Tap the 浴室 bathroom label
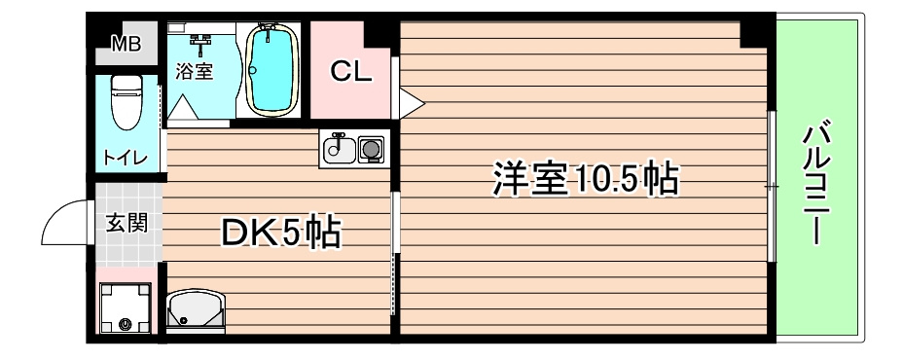click(195, 71)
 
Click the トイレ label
click(126, 157)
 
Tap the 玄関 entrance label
click(126, 223)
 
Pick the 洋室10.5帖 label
click(584, 180)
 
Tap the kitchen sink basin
click(339, 150)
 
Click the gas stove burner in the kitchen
click(371, 150)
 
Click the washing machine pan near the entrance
click(126, 309)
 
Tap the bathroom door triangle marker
click(184, 109)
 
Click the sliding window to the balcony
click(771, 185)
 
